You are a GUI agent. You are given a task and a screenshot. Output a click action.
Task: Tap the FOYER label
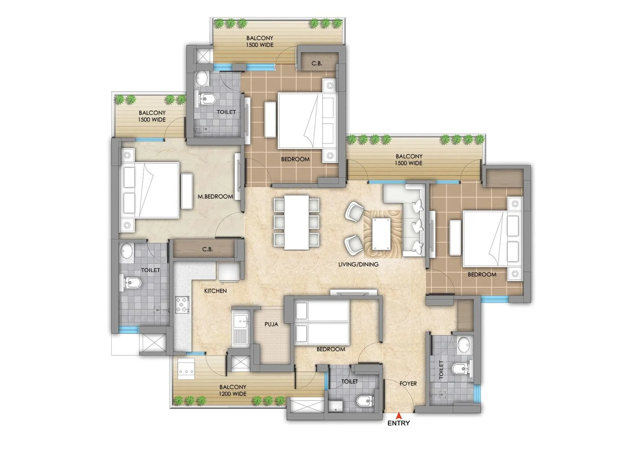[408, 383]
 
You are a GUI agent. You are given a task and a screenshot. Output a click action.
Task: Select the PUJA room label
[271, 324]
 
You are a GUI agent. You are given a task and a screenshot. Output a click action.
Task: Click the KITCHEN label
[215, 291]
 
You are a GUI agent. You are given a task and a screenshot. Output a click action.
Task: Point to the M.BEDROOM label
[215, 197]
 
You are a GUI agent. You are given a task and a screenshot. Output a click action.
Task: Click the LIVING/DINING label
[358, 264]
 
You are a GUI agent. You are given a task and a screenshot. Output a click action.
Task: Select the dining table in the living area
[296, 222]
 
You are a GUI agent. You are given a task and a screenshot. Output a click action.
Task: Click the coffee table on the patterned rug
[382, 234]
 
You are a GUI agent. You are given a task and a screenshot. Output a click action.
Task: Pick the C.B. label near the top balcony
[317, 63]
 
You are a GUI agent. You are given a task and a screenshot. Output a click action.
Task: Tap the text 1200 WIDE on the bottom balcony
[232, 394]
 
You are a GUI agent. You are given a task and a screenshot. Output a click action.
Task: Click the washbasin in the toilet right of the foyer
[464, 344]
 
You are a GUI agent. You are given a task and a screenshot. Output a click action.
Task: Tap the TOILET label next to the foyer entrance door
[349, 381]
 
